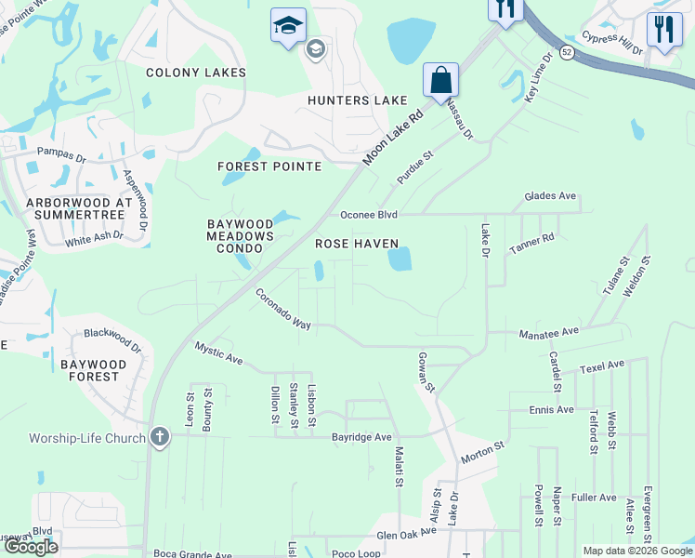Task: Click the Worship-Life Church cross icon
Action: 160,437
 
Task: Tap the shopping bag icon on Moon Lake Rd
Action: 440,79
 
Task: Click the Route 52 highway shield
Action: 566,54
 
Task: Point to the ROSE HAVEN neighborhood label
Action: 356,244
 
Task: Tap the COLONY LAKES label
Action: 196,73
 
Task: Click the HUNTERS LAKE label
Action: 359,100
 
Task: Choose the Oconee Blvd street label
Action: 369,215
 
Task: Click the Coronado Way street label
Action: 282,308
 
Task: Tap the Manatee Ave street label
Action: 548,330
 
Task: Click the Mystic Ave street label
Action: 218,352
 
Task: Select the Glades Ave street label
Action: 550,196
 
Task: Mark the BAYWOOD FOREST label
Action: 102,370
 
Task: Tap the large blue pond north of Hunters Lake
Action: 413,40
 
